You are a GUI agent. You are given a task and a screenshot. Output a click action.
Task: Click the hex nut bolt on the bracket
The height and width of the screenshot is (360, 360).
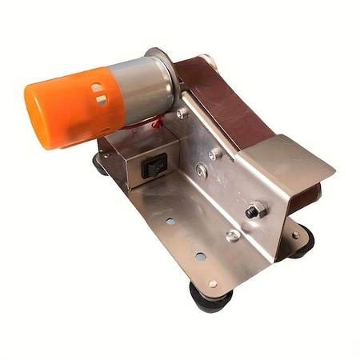coord(254,210)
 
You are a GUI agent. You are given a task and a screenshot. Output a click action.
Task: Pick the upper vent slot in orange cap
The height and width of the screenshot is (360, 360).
coord(98,87)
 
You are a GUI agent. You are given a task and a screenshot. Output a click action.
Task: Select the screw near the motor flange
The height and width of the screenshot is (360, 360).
coord(182,114)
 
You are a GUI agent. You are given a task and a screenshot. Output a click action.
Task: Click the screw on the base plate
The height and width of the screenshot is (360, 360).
coord(233,235)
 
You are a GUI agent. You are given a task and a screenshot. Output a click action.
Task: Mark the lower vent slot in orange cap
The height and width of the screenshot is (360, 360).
coord(102,100)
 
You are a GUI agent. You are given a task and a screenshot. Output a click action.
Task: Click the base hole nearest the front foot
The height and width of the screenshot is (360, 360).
coord(212,283)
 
